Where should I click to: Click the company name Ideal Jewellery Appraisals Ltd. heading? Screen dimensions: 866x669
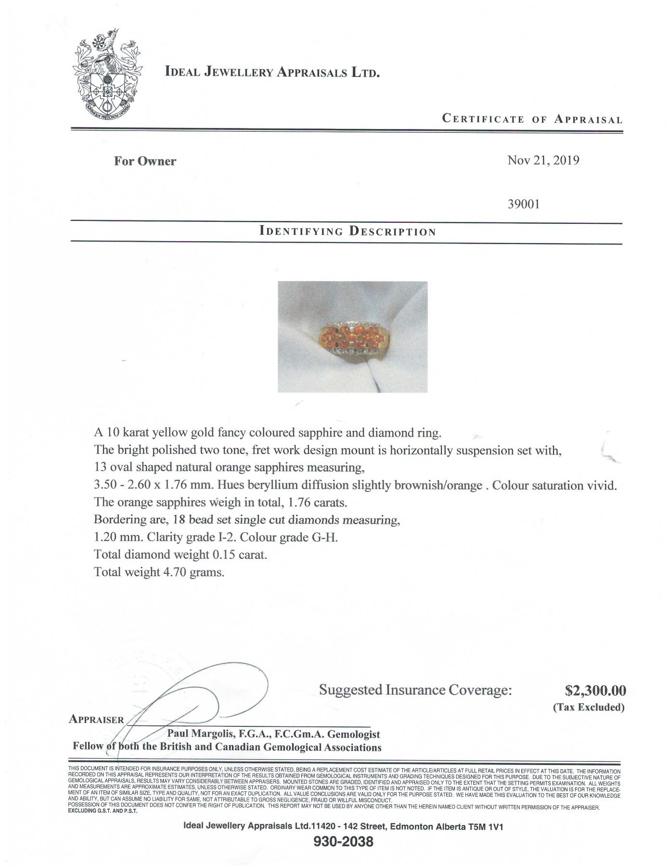(272, 72)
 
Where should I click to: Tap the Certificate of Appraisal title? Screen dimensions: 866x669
(532, 119)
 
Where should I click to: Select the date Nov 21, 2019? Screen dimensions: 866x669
(543, 160)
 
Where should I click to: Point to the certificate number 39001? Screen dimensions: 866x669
(524, 204)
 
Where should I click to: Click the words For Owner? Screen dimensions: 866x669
(145, 161)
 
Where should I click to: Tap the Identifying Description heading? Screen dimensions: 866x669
(347, 231)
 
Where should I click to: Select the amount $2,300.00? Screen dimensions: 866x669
(595, 691)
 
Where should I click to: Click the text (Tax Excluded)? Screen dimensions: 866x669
(588, 707)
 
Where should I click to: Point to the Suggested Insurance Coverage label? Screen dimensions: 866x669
(415, 690)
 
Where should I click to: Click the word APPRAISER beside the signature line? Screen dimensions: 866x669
(96, 720)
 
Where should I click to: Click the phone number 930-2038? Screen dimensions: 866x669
(343, 841)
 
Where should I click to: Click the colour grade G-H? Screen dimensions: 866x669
(325, 537)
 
